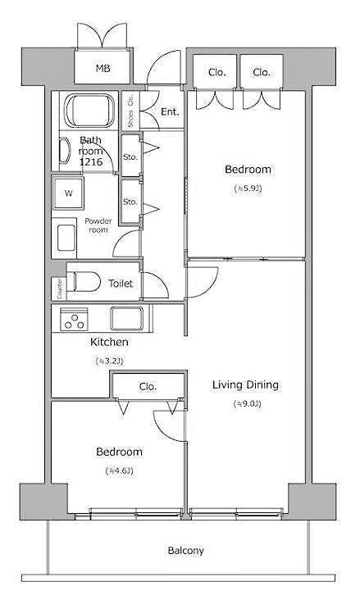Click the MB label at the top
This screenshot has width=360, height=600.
click(x=103, y=69)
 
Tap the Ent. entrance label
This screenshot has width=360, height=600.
click(x=170, y=111)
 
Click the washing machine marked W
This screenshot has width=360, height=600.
click(x=69, y=194)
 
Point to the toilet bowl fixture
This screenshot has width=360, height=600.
click(x=81, y=282)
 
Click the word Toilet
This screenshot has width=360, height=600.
click(x=121, y=284)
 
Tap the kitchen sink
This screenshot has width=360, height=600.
click(x=128, y=317)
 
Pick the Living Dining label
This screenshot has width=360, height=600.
click(x=245, y=384)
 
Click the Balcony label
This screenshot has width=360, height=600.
click(x=186, y=551)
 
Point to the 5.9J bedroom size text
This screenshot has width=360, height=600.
click(x=248, y=189)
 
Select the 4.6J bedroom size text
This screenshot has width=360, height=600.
click(x=119, y=470)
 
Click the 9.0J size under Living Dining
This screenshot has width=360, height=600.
click(x=245, y=403)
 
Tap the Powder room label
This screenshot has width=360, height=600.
click(x=98, y=225)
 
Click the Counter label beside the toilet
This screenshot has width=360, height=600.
click(x=59, y=288)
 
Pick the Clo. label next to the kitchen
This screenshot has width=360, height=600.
click(x=148, y=386)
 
